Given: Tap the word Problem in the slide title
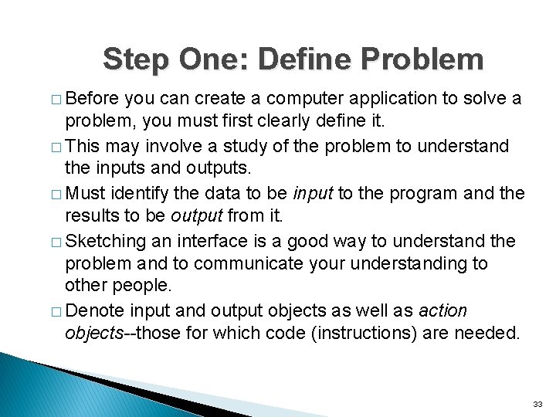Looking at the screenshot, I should tap(429, 60).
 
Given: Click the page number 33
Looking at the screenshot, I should tap(537, 404).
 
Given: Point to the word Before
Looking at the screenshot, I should tap(93, 100).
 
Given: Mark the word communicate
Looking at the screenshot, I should tap(249, 264).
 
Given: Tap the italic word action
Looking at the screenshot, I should tap(442, 310).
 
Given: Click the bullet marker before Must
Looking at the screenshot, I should tap(56, 194).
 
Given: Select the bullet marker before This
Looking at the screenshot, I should tap(56, 147).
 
